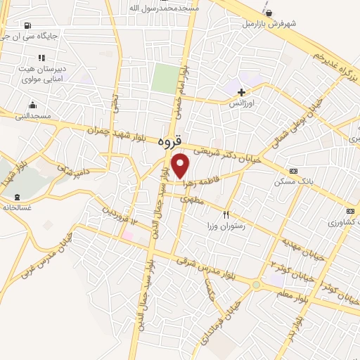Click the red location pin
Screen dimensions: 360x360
coord(181,165)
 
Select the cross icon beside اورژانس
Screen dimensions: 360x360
coord(241,92)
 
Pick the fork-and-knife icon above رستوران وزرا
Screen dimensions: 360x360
coord(226,214)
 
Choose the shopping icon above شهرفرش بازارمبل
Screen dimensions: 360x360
coord(269,12)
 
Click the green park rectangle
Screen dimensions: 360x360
coord(165,78)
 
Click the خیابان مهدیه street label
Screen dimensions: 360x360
coord(303,247)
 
